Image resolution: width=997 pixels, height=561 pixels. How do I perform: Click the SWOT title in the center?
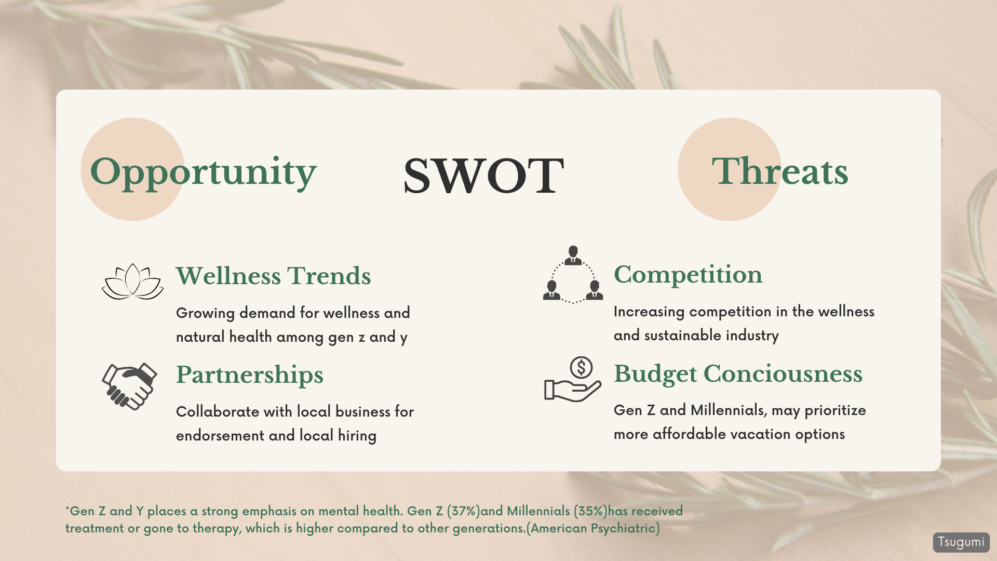click(483, 176)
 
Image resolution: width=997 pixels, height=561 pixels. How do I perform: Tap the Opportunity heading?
click(203, 173)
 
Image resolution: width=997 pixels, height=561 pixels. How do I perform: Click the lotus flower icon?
click(132, 282)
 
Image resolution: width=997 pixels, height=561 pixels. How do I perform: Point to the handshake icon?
click(129, 386)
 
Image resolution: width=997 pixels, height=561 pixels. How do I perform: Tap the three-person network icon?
click(573, 274)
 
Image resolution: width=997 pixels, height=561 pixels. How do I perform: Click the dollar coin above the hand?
click(581, 368)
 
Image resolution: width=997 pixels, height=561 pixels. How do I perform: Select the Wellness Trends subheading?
click(273, 276)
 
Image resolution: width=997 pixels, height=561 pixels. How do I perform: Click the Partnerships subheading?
click(249, 375)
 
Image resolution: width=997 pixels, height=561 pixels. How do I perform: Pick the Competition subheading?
click(688, 275)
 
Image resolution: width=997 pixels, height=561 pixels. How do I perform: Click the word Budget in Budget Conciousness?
click(655, 374)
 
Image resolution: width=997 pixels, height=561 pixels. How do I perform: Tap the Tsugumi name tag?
click(961, 542)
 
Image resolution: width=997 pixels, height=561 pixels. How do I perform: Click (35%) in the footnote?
click(590, 511)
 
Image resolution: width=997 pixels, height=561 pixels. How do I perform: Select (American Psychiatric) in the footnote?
click(593, 528)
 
